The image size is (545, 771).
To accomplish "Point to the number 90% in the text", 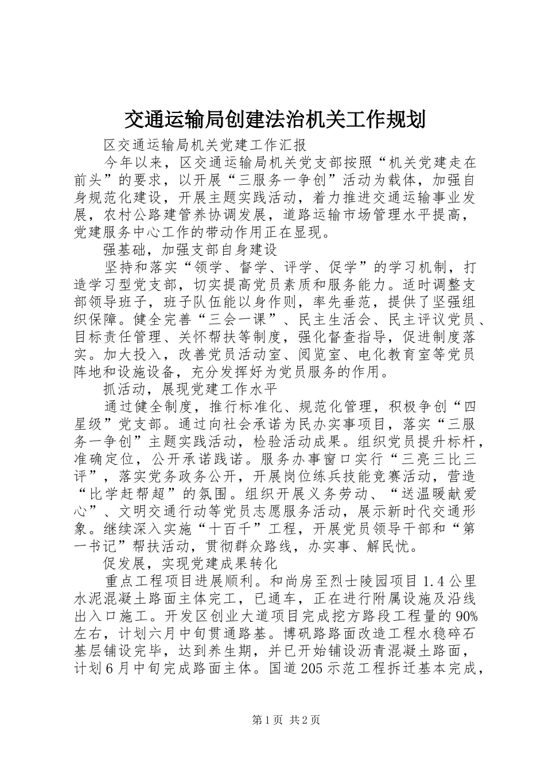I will tap(467, 617).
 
